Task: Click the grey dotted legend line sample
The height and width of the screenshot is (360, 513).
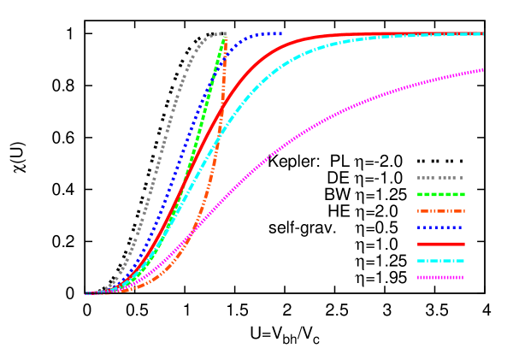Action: (x=440, y=178)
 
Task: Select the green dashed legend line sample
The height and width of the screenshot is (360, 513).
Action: (x=440, y=194)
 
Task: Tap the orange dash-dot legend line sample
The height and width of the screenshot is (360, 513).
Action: (x=440, y=211)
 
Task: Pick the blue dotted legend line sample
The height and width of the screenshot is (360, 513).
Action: (x=440, y=227)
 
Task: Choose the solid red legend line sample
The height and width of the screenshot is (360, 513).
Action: (x=440, y=244)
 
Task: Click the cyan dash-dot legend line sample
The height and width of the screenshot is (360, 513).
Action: (x=440, y=261)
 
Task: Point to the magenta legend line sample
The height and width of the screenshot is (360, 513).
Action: (x=440, y=277)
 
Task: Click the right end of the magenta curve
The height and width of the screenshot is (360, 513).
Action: (x=483, y=70)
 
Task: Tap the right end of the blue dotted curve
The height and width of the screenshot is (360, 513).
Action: (x=280, y=33)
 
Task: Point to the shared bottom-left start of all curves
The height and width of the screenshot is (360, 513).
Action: (x=87, y=293)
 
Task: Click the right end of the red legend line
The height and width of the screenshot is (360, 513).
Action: (x=464, y=244)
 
